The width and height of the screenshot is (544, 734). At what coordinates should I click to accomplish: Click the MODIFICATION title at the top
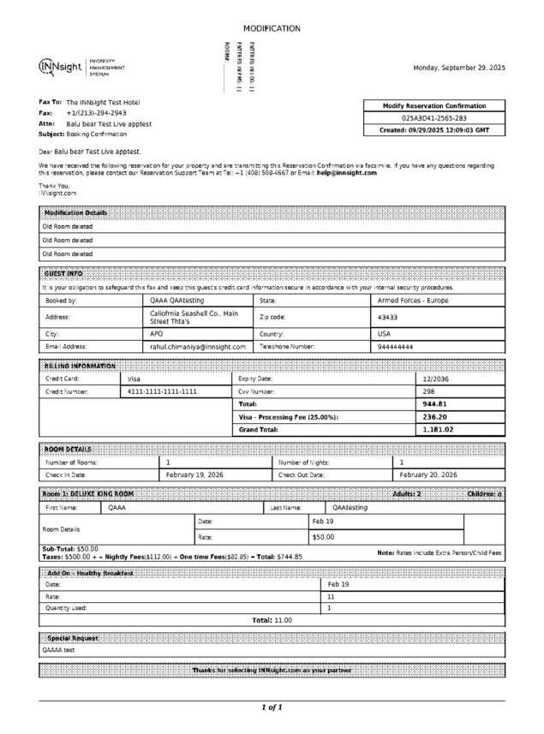coord(272,28)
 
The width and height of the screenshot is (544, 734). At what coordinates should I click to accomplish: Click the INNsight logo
coord(61,67)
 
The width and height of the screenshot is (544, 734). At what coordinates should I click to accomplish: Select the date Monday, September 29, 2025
coord(459,68)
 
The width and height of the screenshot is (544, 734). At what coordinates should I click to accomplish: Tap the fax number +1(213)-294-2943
coord(96,112)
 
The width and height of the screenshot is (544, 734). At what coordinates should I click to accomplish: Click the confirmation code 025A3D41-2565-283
coord(434,118)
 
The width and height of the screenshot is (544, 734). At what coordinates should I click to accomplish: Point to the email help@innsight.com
coord(346,172)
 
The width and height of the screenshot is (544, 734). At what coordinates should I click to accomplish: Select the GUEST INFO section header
coord(63,273)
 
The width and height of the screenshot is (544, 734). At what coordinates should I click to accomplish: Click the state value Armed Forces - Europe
coord(413,301)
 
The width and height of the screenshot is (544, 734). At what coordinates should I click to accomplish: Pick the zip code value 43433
coord(388,317)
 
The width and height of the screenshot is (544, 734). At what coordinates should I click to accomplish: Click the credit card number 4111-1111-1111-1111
coord(162,391)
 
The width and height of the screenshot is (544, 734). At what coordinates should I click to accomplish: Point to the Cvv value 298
coord(428,391)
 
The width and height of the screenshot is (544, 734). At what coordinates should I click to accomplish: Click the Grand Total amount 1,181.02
coord(438,429)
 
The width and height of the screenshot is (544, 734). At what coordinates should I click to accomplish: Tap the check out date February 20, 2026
coord(428,474)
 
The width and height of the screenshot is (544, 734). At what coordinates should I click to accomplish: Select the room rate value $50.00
coord(323,537)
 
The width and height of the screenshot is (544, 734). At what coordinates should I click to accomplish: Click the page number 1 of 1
coord(272,707)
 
